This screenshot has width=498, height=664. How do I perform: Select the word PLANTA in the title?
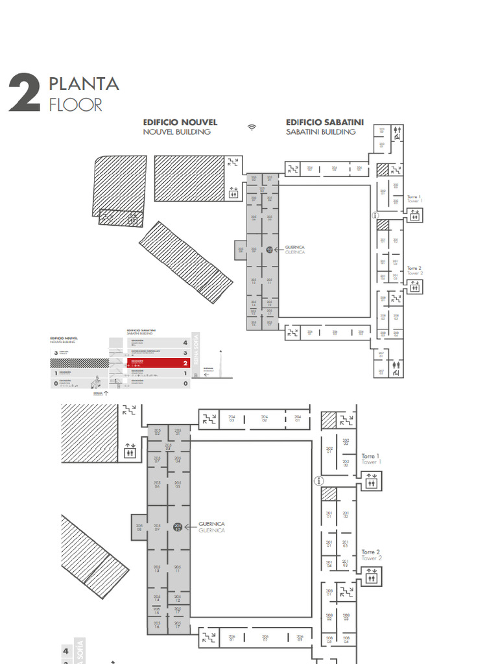(x=84, y=84)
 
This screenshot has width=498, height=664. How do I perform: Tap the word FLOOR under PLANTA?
(x=75, y=104)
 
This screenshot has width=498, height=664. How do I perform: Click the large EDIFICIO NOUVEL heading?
(x=180, y=122)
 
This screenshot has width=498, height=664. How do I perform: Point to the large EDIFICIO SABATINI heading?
(x=325, y=122)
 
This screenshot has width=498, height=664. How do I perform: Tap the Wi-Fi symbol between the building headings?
(x=252, y=127)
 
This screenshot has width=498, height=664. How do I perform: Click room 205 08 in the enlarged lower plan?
(x=139, y=527)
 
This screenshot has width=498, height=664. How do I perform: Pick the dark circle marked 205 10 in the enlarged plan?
(x=178, y=527)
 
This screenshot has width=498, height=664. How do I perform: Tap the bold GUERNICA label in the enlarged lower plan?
(x=213, y=523)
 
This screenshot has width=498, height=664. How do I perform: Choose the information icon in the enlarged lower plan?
(x=318, y=480)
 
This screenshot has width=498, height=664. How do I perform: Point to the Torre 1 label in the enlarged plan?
(x=370, y=456)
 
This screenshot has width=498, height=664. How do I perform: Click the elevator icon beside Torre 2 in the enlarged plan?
(x=372, y=575)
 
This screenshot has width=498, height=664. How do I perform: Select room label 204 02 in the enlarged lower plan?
(x=265, y=419)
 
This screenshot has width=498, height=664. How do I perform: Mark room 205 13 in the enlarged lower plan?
(x=157, y=569)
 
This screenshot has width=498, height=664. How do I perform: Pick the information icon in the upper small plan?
(x=375, y=215)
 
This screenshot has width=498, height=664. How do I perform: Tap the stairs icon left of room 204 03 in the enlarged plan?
(x=209, y=419)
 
